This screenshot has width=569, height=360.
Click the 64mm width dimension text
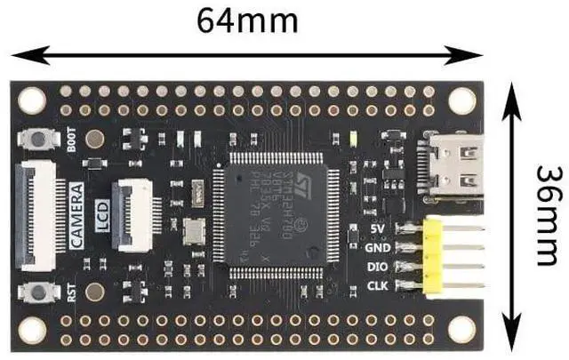coord(247,19)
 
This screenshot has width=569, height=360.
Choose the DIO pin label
coord(376,267)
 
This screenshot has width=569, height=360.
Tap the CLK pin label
coord(376,286)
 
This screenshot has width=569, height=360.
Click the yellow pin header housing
coord(433,255)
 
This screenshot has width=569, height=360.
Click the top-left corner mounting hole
coord(32,100)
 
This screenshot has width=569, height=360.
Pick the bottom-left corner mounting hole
coord(32,330)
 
